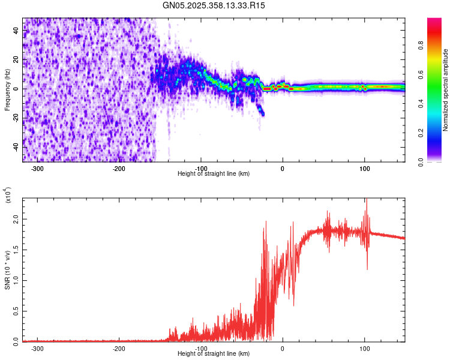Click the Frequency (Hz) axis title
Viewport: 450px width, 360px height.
7,90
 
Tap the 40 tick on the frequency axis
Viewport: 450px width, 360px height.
16,31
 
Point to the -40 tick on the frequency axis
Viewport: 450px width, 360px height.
16,147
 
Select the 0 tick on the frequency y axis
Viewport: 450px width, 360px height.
16,89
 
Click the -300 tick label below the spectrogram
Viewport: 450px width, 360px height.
37,169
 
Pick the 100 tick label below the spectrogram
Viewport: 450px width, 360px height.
364,169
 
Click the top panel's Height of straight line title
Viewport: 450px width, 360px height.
214,174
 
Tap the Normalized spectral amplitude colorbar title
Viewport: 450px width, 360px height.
446,90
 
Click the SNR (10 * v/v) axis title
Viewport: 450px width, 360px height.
7,270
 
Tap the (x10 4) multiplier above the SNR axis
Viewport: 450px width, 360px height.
8,195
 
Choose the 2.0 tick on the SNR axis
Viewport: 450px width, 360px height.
16,220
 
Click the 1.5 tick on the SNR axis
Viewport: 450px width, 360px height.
16,250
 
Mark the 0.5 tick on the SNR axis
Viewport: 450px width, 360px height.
16,311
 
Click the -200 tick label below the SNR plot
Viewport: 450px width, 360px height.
119,349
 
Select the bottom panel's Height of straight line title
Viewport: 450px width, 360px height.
214,354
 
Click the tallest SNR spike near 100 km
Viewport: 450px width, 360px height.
366,200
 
